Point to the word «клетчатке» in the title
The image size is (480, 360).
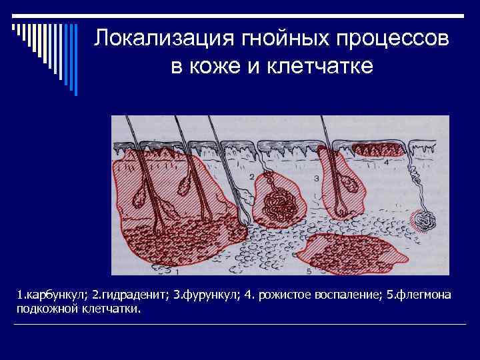pos(321,67)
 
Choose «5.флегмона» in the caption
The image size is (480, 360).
pos(418,294)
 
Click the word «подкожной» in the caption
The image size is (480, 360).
pos(45,309)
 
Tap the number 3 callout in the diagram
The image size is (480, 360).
pos(315,178)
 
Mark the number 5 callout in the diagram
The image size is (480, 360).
pos(309,272)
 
